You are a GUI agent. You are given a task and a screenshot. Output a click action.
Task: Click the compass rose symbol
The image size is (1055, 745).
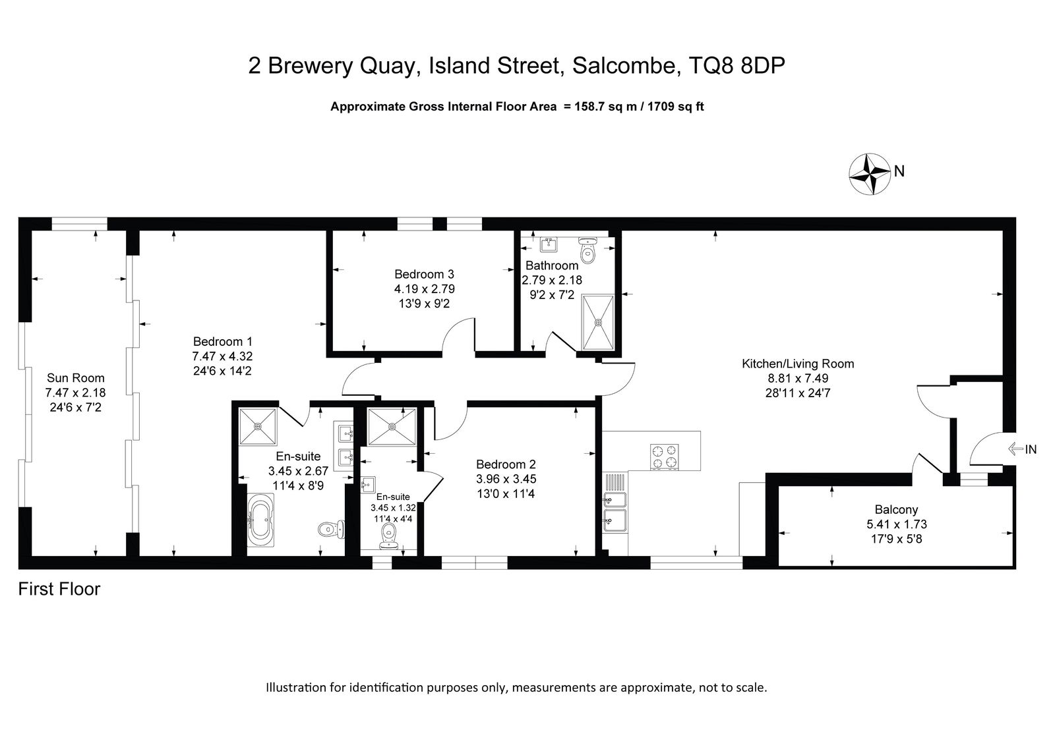coord(870,174)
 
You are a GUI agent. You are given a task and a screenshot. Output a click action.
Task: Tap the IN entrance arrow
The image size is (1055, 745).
coord(1015,449)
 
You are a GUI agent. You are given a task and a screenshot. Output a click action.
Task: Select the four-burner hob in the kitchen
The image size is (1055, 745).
coord(664,456)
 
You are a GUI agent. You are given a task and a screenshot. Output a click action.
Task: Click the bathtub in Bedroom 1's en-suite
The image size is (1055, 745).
coord(260,520)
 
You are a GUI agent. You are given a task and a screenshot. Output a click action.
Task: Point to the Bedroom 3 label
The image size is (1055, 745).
coord(424,274)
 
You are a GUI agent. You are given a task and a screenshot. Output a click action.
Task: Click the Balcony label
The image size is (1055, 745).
coord(896,509)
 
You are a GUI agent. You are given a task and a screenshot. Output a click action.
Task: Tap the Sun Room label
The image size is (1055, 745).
coord(75,378)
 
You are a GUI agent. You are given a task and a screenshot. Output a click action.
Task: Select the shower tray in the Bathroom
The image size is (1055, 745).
coord(598,322)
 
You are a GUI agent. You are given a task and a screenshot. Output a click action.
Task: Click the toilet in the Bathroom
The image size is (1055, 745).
coord(588,250)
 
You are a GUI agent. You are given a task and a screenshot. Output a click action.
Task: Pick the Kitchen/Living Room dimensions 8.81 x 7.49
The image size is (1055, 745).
coord(798,378)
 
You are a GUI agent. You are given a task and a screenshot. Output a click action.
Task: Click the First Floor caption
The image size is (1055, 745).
coord(59,590)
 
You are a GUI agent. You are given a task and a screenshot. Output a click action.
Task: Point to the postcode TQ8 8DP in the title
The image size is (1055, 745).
coord(737,65)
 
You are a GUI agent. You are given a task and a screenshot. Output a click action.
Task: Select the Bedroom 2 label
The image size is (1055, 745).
coord(506,464)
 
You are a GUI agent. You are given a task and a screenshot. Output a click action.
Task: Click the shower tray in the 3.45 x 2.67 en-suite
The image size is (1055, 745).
coord(258,426)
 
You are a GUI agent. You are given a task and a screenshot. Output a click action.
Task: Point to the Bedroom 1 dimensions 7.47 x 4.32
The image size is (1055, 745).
coord(222,356)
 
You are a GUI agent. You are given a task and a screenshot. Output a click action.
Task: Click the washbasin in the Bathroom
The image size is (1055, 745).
coord(548,245)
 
